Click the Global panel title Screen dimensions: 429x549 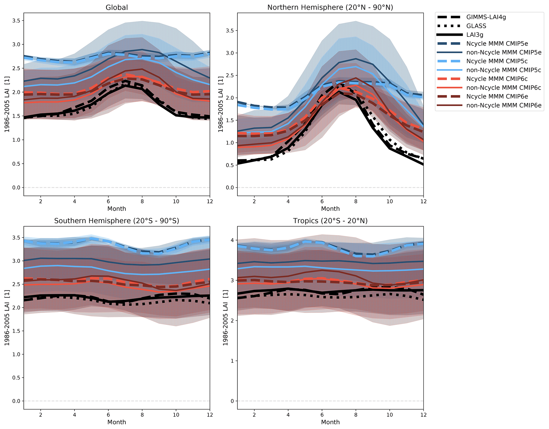click(x=117, y=7)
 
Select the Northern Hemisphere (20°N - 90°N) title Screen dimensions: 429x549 click(x=330, y=7)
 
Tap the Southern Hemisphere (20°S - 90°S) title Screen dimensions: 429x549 click(x=117, y=221)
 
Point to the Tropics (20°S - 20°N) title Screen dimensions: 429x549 click(x=330, y=221)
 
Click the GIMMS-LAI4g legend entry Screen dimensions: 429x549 click(x=486, y=17)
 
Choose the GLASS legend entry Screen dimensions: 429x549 click(x=476, y=26)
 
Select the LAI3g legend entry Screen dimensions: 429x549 click(x=475, y=35)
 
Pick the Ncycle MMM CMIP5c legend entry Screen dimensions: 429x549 click(x=497, y=61)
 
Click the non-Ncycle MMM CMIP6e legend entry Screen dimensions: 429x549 click(x=504, y=105)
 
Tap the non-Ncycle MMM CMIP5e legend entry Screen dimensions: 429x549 click(x=504, y=52)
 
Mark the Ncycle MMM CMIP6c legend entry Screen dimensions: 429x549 click(x=497, y=79)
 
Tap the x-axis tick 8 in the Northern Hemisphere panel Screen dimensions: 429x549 click(x=356, y=201)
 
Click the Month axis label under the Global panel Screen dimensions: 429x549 click(x=117, y=209)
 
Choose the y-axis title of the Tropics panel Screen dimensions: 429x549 click(x=225, y=318)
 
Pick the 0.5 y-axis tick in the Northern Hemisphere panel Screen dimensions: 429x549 click(x=229, y=165)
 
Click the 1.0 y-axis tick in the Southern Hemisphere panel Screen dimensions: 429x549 click(x=16, y=354)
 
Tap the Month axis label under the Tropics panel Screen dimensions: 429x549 click(x=330, y=422)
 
